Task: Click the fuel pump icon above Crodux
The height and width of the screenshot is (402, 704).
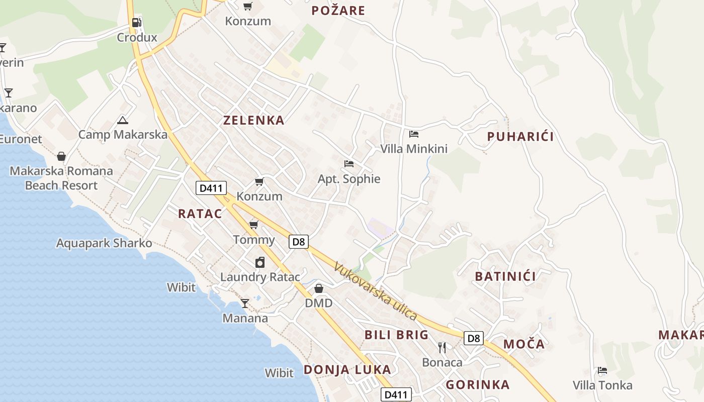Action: [x=136, y=23]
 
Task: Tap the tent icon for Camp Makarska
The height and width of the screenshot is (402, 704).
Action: [x=123, y=120]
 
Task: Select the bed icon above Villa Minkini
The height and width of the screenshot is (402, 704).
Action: [x=414, y=134]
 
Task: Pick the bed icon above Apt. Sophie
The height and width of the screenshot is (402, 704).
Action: [x=349, y=164]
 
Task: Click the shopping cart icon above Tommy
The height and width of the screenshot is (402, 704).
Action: [x=254, y=225]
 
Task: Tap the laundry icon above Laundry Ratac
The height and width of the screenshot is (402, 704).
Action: [x=260, y=262]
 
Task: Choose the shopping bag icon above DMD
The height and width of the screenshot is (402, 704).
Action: [x=319, y=288]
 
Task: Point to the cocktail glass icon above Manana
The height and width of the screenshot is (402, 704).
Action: [x=245, y=303]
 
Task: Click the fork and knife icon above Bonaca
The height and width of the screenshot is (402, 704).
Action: [x=442, y=347]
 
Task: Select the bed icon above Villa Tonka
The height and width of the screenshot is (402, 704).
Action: [x=602, y=371]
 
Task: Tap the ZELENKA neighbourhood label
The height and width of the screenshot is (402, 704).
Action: [x=254, y=120]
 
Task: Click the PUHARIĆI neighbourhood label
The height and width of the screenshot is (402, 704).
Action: [x=520, y=137]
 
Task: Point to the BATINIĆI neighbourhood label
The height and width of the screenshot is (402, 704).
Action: [x=505, y=276]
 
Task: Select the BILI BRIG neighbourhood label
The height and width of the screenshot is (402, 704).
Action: [x=397, y=335]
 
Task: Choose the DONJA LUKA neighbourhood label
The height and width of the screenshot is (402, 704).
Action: [x=347, y=370]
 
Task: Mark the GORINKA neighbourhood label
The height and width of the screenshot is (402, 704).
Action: [x=478, y=385]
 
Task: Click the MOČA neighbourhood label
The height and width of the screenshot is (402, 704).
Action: [x=524, y=344]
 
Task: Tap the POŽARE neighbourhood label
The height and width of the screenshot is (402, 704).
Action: [x=338, y=11]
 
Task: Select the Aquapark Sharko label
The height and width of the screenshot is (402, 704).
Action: [x=104, y=243]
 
